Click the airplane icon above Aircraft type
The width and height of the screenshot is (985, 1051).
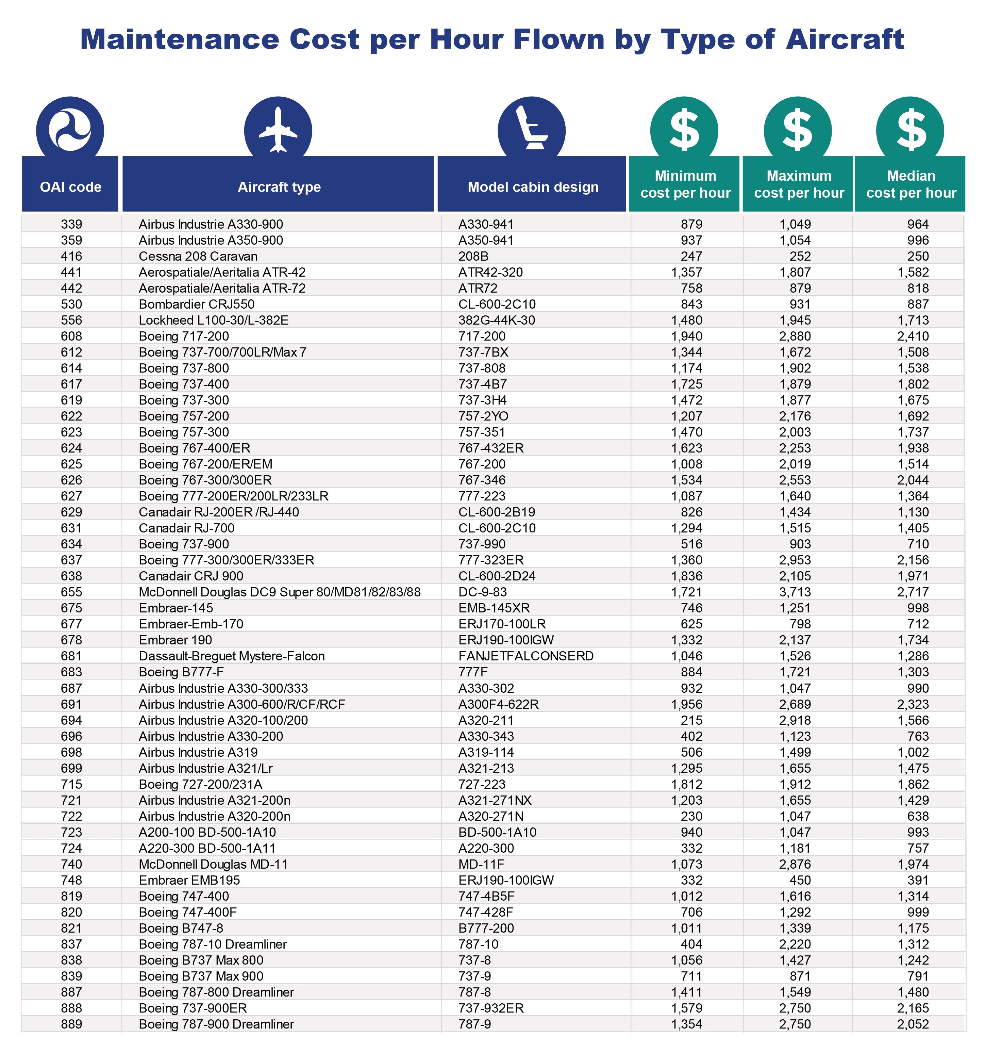[278, 130]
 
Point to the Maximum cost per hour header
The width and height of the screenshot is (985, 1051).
[799, 184]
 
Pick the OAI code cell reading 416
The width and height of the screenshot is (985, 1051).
[71, 257]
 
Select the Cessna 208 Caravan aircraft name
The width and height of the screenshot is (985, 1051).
[198, 257]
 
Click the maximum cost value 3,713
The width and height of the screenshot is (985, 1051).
[795, 592]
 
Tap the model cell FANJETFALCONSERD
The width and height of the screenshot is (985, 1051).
[526, 656]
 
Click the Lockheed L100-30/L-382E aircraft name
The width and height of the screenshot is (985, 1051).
[214, 321]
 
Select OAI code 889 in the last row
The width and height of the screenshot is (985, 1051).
[71, 1024]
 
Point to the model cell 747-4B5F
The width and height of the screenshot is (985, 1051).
[486, 896]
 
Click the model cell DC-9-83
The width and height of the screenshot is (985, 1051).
[482, 592]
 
